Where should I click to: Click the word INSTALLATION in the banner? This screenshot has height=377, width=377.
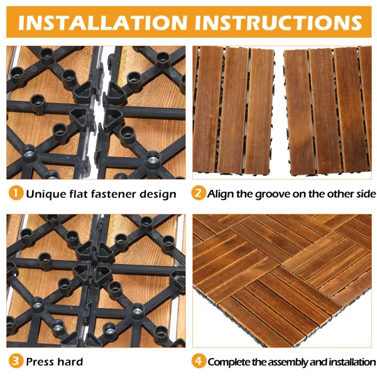click(102, 23)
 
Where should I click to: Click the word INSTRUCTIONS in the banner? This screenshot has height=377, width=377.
click(278, 23)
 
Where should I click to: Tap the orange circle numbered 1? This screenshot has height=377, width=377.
click(16, 193)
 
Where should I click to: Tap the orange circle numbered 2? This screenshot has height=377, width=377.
click(199, 193)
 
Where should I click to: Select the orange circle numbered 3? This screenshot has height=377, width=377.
click(16, 361)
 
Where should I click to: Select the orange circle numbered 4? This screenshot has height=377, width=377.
click(199, 361)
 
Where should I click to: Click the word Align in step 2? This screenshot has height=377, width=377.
click(221, 194)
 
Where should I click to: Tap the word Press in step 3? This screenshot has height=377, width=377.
click(39, 362)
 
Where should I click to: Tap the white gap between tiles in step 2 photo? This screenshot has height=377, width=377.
click(278, 111)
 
